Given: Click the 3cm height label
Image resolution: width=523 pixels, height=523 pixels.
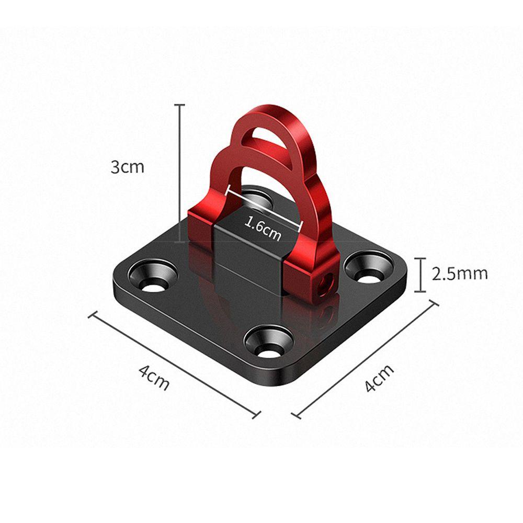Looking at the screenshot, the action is (x=128, y=167).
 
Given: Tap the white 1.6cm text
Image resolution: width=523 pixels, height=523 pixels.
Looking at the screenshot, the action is (x=263, y=229).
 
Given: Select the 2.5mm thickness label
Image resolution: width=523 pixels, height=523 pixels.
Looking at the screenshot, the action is (x=460, y=274).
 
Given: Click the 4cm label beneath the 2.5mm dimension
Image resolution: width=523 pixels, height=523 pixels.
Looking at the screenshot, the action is (x=379, y=378).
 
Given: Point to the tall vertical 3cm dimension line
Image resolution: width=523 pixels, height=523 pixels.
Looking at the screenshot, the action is (x=180, y=173).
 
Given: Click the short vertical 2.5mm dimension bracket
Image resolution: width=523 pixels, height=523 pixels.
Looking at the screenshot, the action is (x=421, y=275).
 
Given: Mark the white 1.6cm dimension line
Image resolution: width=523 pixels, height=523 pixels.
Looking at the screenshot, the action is (x=264, y=208).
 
